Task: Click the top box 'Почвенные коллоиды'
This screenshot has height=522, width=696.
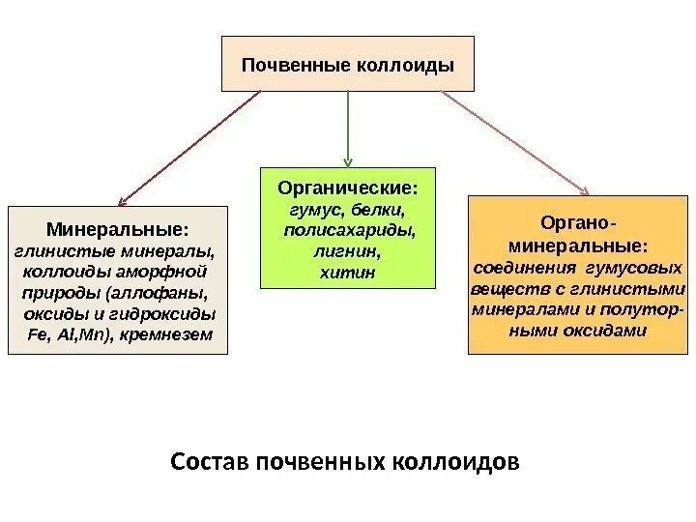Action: coord(348,65)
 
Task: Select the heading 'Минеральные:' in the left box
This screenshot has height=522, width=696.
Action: coord(117,230)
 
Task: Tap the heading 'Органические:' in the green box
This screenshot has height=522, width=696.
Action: coord(348,186)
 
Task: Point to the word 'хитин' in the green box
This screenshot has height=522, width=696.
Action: coord(347,274)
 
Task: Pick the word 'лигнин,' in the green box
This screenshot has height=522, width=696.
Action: coord(349,252)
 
